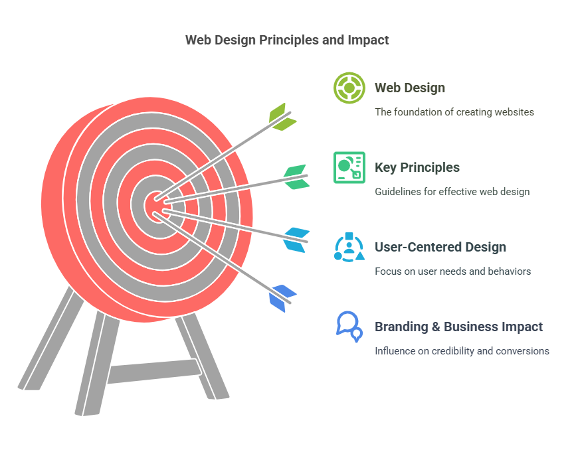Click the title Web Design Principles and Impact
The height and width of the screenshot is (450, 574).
coord(287,40)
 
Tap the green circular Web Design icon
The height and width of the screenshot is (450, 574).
coord(349,88)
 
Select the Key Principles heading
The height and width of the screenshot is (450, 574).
coord(417,167)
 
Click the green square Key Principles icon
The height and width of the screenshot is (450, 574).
coord(349,167)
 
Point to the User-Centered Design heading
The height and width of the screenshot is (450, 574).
coord(440,247)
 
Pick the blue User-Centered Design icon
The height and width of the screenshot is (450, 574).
coord(349,248)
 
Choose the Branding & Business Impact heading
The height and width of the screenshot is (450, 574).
coord(458,327)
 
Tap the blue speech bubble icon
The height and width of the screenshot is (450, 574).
coord(349,327)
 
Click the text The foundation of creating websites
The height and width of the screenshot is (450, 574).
coord(454,112)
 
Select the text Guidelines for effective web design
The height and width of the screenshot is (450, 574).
coord(452,192)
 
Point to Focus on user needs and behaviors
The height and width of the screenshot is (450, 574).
coord(453,271)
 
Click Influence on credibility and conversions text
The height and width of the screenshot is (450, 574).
coord(462,351)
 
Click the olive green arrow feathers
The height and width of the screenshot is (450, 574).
coord(282,117)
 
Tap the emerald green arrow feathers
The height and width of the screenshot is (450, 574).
coord(296,177)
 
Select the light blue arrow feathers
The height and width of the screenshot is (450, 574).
coord(296,240)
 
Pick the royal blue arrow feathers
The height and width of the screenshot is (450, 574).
coord(282,298)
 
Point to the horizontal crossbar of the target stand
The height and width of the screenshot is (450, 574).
coord(153,371)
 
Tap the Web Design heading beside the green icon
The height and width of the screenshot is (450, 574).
coord(410,88)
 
